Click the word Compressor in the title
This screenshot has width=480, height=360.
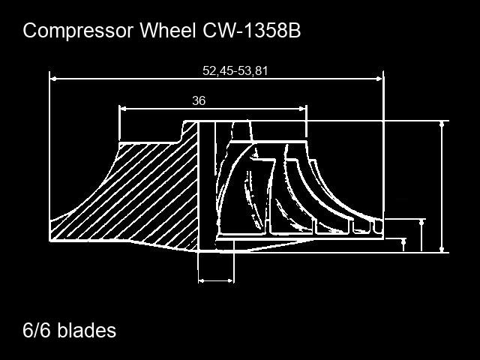pyautogui.click(x=78, y=31)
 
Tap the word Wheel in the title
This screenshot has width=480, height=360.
pyautogui.click(x=168, y=30)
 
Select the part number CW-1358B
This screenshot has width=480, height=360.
pyautogui.click(x=252, y=30)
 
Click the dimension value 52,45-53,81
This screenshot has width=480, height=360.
pyautogui.click(x=235, y=70)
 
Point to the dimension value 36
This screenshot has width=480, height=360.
pyautogui.click(x=199, y=100)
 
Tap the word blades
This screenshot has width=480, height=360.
pyautogui.click(x=87, y=330)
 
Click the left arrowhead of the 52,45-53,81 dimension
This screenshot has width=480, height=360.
pyautogui.click(x=53, y=79)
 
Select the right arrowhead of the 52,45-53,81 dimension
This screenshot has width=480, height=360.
pyautogui.click(x=379, y=79)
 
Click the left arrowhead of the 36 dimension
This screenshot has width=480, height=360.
pyautogui.click(x=123, y=109)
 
